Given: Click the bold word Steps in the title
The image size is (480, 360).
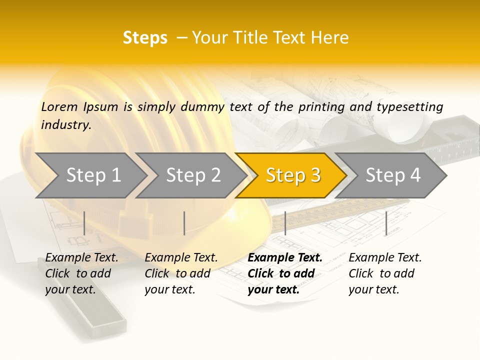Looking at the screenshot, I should (x=145, y=37).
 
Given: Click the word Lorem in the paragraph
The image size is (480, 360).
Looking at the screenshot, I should (x=59, y=106).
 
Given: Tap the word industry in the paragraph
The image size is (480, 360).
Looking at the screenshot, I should (x=65, y=124).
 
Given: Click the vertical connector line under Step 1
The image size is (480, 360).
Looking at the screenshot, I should (x=84, y=223).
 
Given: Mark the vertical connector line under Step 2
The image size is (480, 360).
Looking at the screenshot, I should (x=184, y=223).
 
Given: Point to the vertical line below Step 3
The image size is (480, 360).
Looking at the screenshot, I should (x=285, y=223).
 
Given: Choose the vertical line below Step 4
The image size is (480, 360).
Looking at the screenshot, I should (x=386, y=223).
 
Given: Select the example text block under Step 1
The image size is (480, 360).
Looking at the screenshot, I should (x=81, y=273).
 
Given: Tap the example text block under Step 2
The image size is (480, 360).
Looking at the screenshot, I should (x=181, y=273).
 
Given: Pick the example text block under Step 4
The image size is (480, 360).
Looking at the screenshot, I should (x=384, y=273).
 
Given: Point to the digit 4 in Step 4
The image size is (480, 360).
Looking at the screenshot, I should (x=415, y=175).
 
